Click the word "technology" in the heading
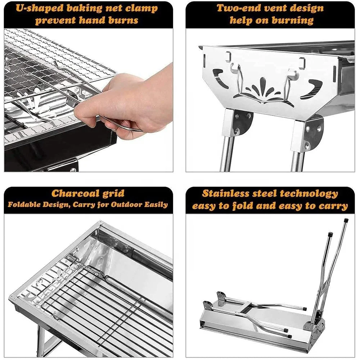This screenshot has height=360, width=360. pos(309,194)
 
